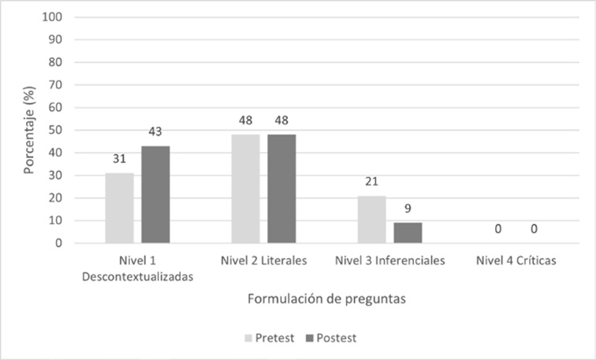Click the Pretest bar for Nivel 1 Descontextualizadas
coord(120,208)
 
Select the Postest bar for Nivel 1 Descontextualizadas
coord(155,195)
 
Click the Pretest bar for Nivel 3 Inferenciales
coord(371,220)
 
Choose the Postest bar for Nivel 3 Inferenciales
coord(408,233)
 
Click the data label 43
coord(155,132)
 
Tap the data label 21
coord(371,182)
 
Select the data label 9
coord(408,210)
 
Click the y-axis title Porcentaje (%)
coord(30,130)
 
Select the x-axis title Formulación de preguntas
coord(326,299)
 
